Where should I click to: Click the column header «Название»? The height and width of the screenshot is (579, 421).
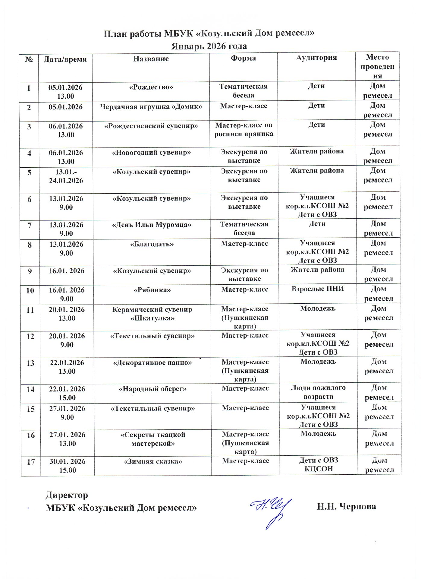(x=151, y=59)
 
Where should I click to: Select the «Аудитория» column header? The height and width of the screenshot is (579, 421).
(x=316, y=58)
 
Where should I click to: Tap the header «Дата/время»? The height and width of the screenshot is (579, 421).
(x=65, y=59)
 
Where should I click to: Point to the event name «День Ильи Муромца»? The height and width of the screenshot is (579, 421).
(x=152, y=225)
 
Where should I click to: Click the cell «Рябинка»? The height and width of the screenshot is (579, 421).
(x=152, y=290)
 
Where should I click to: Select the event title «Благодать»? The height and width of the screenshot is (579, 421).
(x=152, y=244)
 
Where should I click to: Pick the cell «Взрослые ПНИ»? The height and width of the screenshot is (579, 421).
(x=318, y=289)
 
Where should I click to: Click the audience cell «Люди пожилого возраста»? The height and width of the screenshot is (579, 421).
(x=318, y=392)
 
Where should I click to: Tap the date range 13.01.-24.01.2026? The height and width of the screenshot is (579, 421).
(x=66, y=176)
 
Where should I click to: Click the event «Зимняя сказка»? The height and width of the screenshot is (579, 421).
(x=153, y=461)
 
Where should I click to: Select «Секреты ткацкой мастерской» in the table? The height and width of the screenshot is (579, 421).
(x=153, y=439)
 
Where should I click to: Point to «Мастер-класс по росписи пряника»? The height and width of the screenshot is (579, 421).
(x=244, y=129)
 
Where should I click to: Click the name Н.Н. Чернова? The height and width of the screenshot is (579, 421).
(x=346, y=506)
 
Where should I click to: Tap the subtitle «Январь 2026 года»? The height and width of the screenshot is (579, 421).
(x=209, y=46)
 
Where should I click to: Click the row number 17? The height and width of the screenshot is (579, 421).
(x=31, y=462)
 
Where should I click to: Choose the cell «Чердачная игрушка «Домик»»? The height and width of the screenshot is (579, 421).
(x=151, y=106)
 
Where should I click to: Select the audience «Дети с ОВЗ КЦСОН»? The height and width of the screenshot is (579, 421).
(x=319, y=464)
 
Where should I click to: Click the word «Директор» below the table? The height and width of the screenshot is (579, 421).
(x=67, y=495)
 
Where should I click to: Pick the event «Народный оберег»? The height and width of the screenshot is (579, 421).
(x=153, y=389)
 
